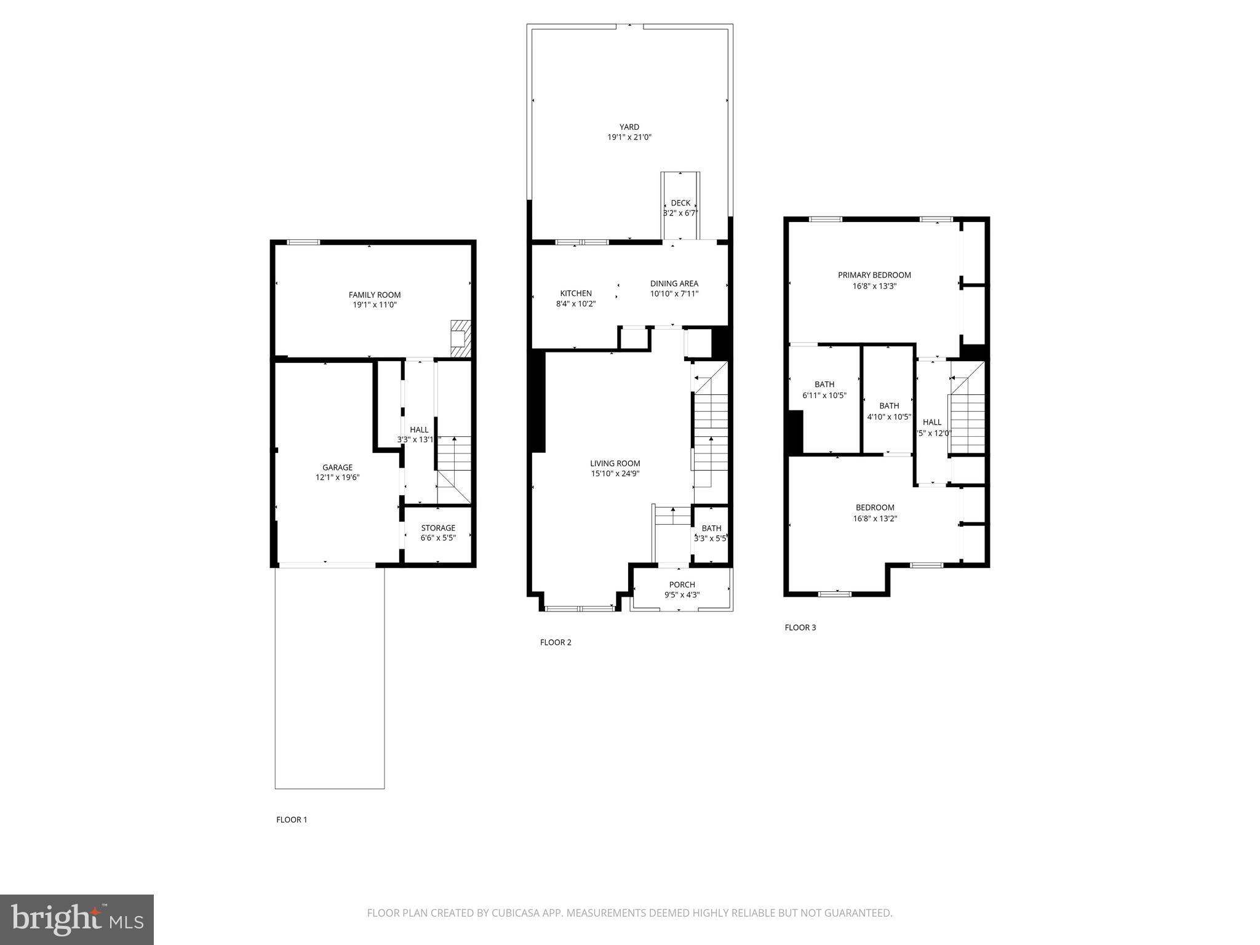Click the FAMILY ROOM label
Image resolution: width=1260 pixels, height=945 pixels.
[x=375, y=295]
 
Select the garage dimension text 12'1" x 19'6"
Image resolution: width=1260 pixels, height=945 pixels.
[x=337, y=477]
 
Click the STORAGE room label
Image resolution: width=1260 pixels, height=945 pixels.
[x=438, y=528]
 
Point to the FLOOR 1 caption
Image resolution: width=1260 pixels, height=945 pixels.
[x=291, y=819]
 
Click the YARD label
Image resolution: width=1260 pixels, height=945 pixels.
[x=629, y=127]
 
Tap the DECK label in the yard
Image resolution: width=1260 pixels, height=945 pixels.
[x=680, y=203]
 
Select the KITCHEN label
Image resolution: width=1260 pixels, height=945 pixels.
[x=576, y=293]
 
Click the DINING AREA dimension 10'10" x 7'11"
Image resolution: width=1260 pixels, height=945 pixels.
[x=674, y=294]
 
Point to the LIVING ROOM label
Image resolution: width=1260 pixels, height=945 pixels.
[x=615, y=463]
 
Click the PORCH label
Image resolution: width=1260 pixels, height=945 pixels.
[x=682, y=584]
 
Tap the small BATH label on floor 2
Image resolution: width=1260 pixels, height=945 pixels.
[x=711, y=528]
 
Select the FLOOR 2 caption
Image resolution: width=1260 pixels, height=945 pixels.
[x=556, y=642]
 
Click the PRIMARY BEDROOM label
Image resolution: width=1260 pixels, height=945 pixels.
[x=874, y=275]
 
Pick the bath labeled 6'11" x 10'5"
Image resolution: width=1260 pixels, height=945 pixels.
[x=824, y=390]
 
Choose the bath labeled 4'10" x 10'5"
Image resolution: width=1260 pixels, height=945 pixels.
[x=889, y=411]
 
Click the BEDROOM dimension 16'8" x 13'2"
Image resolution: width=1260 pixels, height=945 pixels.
[x=875, y=519]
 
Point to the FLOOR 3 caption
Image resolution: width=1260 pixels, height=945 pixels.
[x=800, y=628]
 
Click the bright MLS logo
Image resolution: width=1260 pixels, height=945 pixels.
[x=77, y=920]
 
